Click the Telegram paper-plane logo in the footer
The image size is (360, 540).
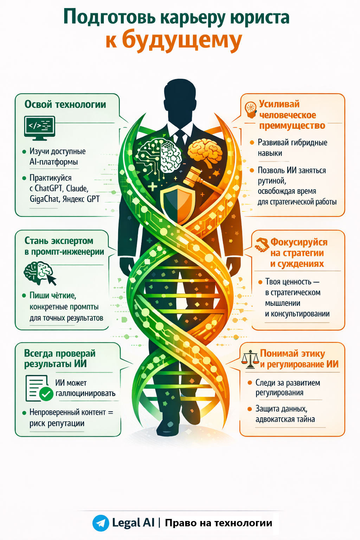(x=101, y=523)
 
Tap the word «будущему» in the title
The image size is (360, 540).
(x=182, y=41)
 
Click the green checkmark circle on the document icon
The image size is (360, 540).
(x=46, y=394)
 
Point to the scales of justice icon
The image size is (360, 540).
(x=250, y=359)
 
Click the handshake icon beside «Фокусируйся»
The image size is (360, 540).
(x=262, y=245)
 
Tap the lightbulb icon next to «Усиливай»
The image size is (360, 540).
(x=251, y=109)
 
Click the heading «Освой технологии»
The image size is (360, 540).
(x=65, y=104)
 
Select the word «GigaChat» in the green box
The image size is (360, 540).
(x=44, y=199)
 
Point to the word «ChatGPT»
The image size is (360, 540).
(x=49, y=188)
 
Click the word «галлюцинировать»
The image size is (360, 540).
(x=85, y=393)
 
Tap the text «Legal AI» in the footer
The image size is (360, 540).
(x=133, y=523)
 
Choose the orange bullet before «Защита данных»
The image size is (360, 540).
(x=250, y=409)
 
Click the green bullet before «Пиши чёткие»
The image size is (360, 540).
(x=24, y=296)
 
